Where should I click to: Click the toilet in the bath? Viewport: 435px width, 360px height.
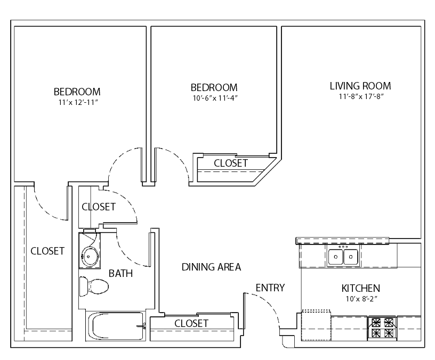click(94, 287)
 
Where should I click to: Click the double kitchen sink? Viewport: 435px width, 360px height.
click(343, 257)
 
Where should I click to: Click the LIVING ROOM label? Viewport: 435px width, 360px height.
click(360, 86)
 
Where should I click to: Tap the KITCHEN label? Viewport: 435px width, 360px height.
click(361, 288)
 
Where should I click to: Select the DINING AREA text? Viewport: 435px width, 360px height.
click(212, 267)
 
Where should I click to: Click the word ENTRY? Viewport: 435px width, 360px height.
click(270, 288)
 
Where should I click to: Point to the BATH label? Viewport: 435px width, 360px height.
click(120, 273)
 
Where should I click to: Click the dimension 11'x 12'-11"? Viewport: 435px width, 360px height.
click(78, 102)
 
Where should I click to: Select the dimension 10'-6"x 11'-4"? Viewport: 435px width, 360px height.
click(215, 98)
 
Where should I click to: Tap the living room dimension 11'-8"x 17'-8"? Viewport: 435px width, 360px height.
click(361, 96)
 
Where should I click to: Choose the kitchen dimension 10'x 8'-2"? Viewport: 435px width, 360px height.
click(361, 299)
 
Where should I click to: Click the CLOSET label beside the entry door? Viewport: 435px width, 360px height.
click(191, 323)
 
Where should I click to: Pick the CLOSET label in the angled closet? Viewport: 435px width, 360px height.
click(231, 163)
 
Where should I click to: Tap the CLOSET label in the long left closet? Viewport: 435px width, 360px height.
click(47, 251)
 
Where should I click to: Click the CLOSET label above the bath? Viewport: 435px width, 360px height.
click(99, 207)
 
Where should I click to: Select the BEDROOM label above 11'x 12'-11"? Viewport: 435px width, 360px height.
click(77, 92)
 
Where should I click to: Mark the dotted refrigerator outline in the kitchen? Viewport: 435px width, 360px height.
click(316, 325)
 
